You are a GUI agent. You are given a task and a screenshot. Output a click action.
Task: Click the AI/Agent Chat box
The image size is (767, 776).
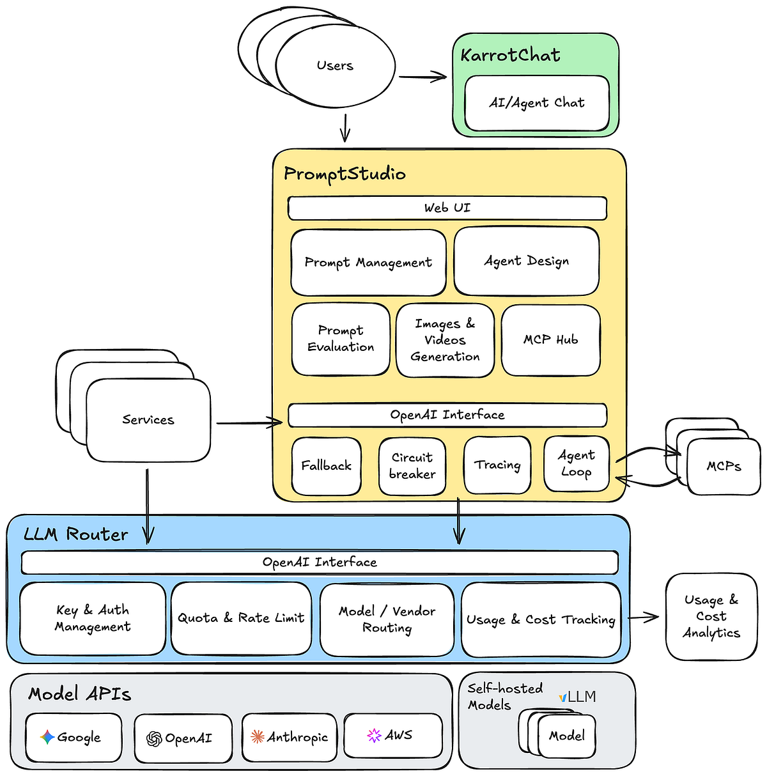537,103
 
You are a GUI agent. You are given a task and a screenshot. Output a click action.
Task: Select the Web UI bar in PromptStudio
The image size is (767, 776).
447,208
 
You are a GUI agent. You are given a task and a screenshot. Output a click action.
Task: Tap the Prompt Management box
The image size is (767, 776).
368,263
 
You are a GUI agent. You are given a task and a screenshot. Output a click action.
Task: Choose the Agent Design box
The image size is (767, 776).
527,261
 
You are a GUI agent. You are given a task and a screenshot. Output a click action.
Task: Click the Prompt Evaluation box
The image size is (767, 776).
341,339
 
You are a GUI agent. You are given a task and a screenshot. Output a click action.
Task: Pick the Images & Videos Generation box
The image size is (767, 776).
445,340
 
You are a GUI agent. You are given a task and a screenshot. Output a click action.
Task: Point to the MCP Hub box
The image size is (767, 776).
550,340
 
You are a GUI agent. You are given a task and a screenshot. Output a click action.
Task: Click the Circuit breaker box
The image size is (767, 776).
412,466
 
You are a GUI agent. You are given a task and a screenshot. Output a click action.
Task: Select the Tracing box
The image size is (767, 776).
497,465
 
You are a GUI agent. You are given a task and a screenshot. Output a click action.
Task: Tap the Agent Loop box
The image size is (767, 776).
576,464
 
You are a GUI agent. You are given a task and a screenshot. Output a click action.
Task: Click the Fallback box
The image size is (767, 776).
327,466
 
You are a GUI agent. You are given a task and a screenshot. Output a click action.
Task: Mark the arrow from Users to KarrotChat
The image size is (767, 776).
422,77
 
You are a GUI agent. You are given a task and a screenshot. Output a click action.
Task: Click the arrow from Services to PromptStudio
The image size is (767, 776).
249,423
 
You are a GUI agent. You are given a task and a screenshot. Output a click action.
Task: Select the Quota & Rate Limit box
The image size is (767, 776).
241,618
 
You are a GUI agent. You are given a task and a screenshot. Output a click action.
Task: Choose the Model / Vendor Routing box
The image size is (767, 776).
387,619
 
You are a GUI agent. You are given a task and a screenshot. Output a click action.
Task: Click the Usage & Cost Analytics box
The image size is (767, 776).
711,617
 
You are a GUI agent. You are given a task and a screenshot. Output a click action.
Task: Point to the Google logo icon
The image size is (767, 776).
47,737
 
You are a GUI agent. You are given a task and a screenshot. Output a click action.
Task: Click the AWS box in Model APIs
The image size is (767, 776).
392,736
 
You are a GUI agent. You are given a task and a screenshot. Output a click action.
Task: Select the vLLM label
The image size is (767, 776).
577,697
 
